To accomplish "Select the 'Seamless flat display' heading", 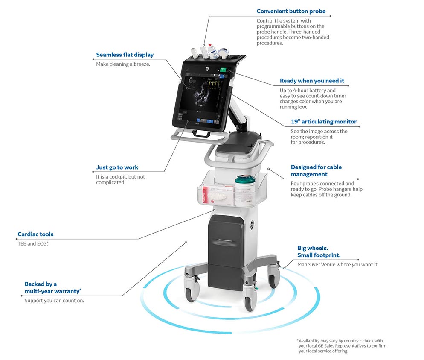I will click(x=125, y=55).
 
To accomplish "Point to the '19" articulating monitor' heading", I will click(x=323, y=122).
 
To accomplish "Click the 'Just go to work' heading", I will click(x=117, y=167).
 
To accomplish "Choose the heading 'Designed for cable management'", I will click(x=316, y=170).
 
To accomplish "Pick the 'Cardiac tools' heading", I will click(x=35, y=234).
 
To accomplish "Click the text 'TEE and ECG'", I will click(x=33, y=244).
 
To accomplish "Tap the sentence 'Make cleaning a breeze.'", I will click(x=123, y=64).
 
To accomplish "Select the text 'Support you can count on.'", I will click(x=54, y=301).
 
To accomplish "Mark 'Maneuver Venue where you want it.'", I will click(x=338, y=265).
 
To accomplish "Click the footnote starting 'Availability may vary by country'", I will click(x=341, y=345).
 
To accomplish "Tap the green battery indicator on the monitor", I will click(x=223, y=69).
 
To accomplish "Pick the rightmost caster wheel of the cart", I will click(x=273, y=280).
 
